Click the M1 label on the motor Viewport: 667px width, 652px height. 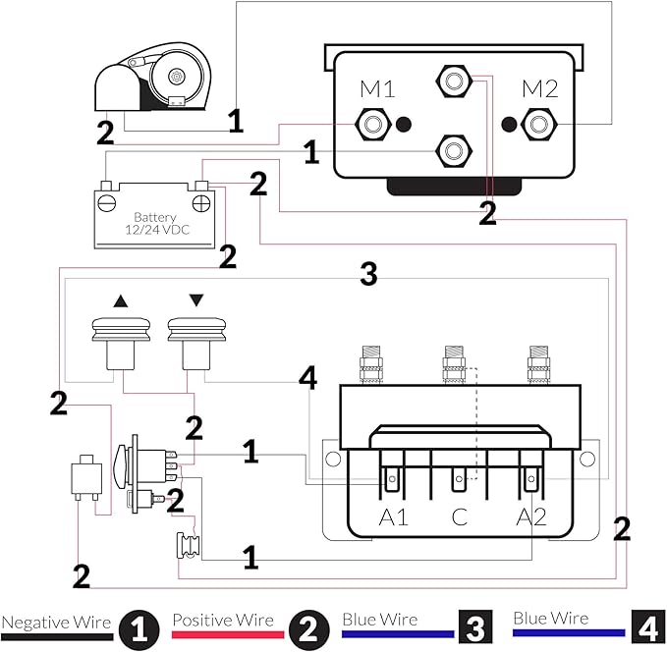pos(377,89)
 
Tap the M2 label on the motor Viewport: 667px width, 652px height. pos(539,89)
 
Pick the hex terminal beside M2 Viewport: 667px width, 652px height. pos(538,124)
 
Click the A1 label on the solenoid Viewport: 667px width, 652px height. pos(394,517)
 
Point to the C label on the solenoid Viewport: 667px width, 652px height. pos(458,517)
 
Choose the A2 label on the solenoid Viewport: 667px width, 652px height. pos(530,517)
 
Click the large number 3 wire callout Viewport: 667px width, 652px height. pos(368,275)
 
